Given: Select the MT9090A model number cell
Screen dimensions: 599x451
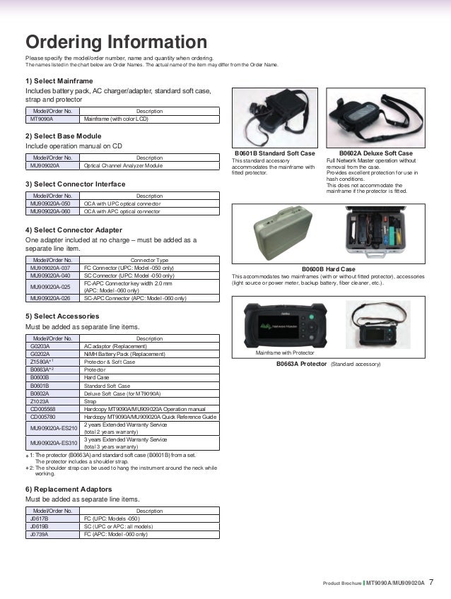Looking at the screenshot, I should tap(42, 119).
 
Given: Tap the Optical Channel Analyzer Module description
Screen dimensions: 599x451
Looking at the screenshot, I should tap(123, 165).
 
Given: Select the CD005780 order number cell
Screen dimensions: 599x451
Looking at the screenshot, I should tap(43, 417).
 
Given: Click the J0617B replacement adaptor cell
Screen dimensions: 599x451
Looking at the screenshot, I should tap(40, 518).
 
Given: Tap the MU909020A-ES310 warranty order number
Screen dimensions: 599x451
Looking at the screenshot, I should tap(53, 443).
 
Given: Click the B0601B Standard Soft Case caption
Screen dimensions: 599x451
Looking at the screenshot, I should tap(274, 153).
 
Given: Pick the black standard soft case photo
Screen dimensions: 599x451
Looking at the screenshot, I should tap(273, 118).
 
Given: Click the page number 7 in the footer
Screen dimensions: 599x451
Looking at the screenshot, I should tap(432, 583).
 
